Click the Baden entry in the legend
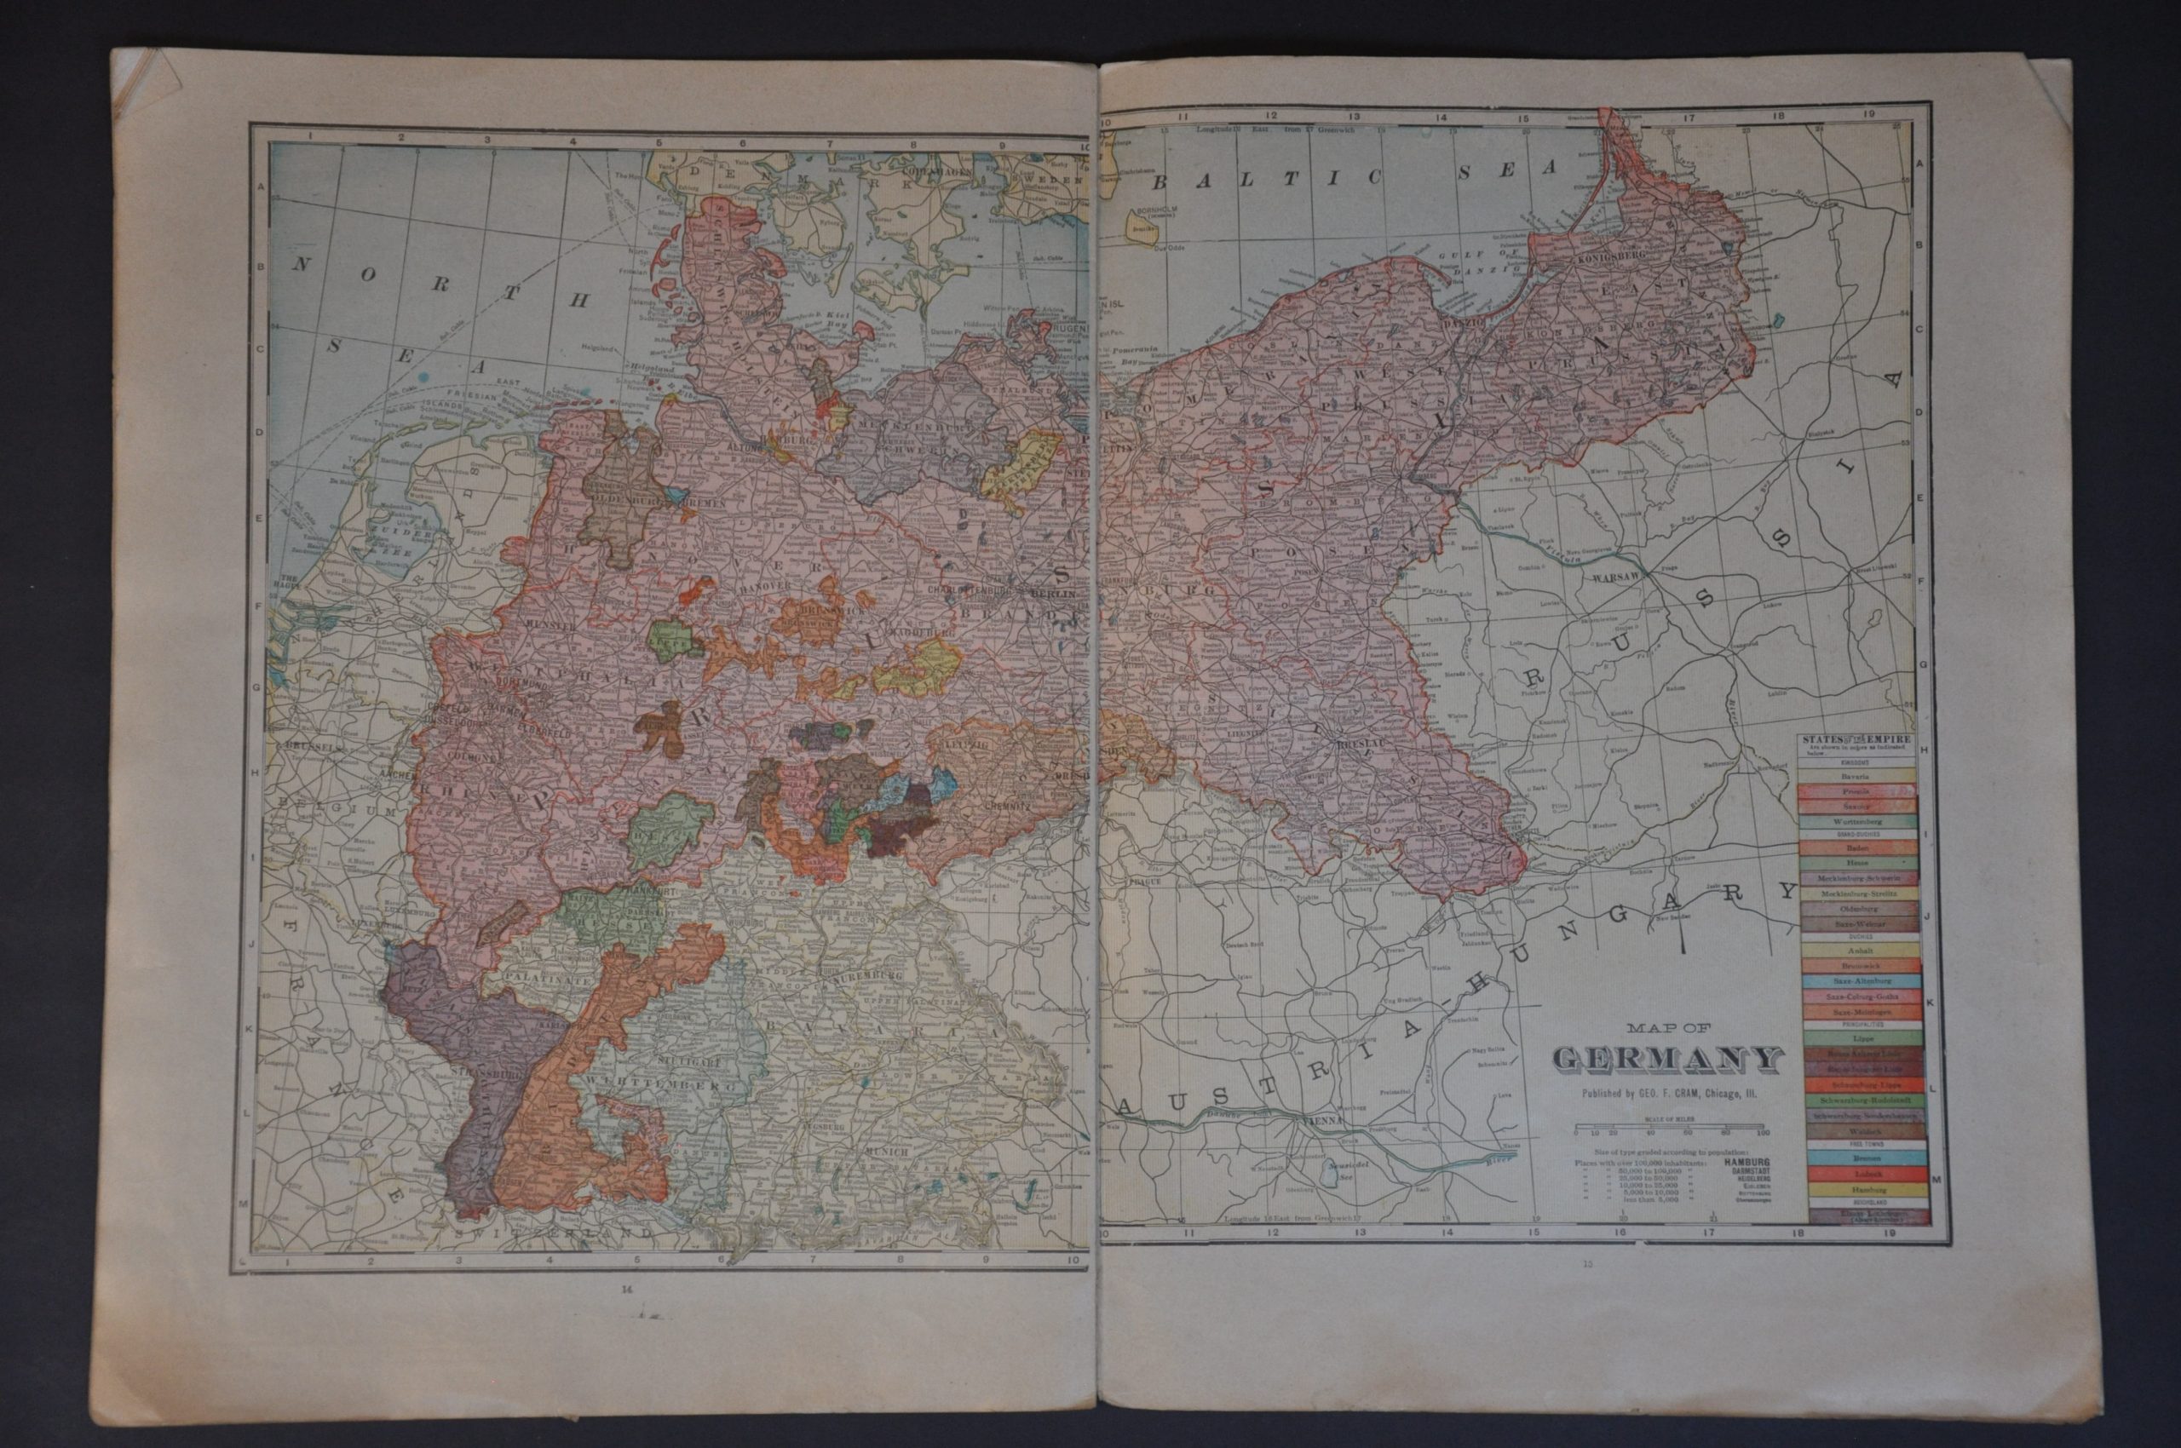click(1856, 846)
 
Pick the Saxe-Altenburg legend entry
click(1856, 981)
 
